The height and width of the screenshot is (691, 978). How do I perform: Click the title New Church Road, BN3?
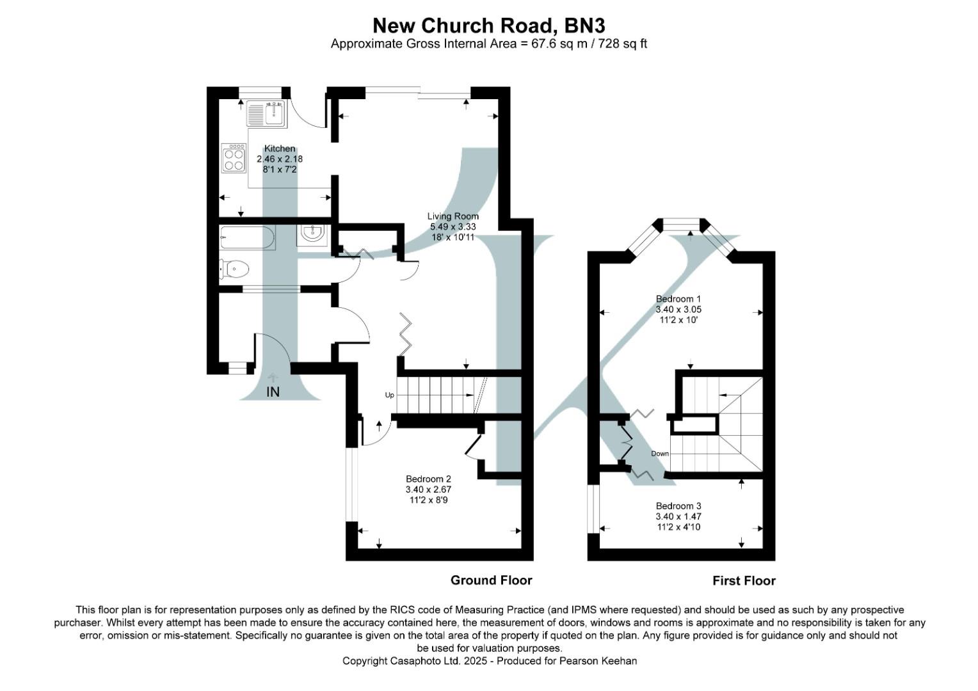488,26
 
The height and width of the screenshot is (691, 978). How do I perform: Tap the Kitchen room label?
280,148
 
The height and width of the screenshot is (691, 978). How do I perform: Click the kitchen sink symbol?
268,114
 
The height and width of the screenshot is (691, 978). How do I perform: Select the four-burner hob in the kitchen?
234,158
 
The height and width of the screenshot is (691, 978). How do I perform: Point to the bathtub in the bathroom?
247,237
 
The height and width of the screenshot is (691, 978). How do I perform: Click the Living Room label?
453,216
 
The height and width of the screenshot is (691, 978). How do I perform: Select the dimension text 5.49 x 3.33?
453,226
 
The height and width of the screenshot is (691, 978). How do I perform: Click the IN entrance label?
273,392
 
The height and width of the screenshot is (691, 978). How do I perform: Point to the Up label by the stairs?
389,395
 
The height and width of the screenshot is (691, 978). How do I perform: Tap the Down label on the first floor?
660,454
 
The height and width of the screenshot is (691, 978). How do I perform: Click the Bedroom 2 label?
428,479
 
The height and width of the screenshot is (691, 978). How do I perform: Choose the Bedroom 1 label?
678,299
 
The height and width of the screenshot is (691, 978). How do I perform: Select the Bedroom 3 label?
678,506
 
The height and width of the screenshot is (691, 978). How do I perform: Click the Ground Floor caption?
491,580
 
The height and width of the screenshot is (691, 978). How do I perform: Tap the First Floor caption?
744,581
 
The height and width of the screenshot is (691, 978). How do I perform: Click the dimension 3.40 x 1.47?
678,516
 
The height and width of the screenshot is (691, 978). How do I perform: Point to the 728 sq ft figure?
622,44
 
